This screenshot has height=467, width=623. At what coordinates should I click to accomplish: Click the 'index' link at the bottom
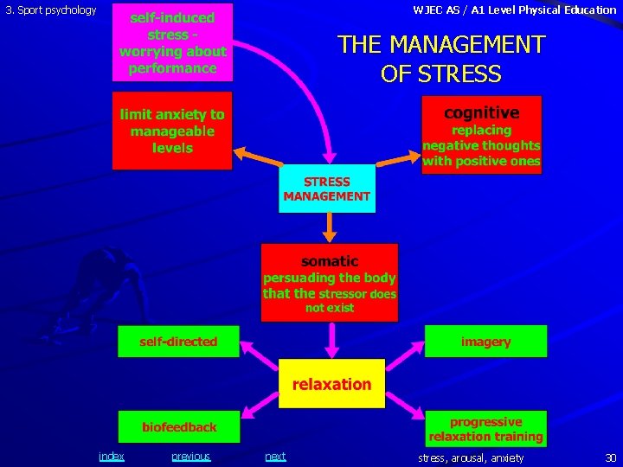pos(111,457)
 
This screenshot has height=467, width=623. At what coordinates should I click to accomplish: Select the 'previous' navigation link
pos(190,457)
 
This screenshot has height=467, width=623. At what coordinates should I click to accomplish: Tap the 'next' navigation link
pos(275,457)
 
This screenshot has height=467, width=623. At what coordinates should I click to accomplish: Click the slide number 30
pos(610,457)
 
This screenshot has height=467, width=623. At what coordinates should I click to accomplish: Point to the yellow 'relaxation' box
pos(331,383)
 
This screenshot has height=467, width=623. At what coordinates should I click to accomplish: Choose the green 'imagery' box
pos(485,342)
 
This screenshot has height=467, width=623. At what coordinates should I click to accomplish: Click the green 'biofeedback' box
pos(179,427)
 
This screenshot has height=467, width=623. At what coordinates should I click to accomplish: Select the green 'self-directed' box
pos(179,342)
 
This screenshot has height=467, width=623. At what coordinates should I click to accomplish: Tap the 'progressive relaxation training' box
pos(485,429)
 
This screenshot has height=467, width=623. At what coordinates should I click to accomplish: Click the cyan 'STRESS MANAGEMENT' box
pos(327,189)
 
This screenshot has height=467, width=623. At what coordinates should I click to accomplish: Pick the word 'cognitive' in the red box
pos(481,113)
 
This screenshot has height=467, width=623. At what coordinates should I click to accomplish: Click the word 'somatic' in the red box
pos(330,260)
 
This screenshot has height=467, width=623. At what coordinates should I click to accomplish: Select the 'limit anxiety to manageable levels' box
pos(172,131)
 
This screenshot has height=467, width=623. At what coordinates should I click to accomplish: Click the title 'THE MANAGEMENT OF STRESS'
pos(441,58)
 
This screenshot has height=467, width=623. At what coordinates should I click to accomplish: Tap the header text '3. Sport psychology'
pos(51,10)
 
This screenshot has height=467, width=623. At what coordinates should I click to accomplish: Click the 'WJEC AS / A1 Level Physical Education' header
pos(514,10)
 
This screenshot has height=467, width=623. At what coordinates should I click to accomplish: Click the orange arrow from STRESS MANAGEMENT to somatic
pos(329,227)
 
